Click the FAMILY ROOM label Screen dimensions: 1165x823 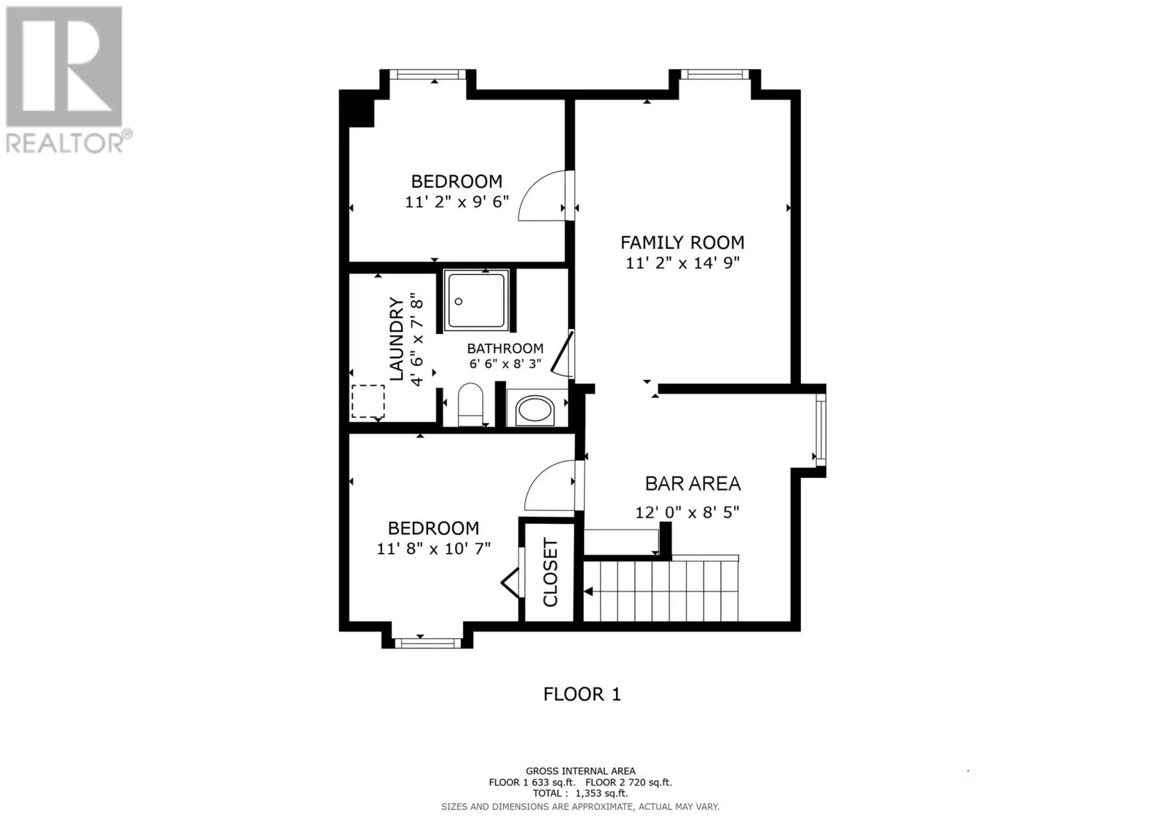(682, 243)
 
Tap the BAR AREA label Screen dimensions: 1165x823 (692, 484)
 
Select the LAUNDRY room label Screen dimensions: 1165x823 (397, 338)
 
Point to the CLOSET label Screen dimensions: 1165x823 (550, 573)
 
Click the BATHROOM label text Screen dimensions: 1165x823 (505, 349)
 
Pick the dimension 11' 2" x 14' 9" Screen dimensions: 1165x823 (682, 263)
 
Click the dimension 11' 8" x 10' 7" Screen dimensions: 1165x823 (434, 549)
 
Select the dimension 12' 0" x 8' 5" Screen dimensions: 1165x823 (687, 512)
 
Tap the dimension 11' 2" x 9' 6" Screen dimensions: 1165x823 (457, 202)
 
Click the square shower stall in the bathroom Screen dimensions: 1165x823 (476, 301)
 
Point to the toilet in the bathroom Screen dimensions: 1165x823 (470, 405)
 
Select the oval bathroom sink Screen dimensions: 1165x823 (535, 410)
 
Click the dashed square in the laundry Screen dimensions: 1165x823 (368, 402)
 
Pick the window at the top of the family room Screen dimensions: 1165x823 (715, 75)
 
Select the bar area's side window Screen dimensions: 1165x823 (821, 430)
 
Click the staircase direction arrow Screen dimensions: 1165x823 (588, 592)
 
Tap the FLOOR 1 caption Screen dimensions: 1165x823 (582, 695)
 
